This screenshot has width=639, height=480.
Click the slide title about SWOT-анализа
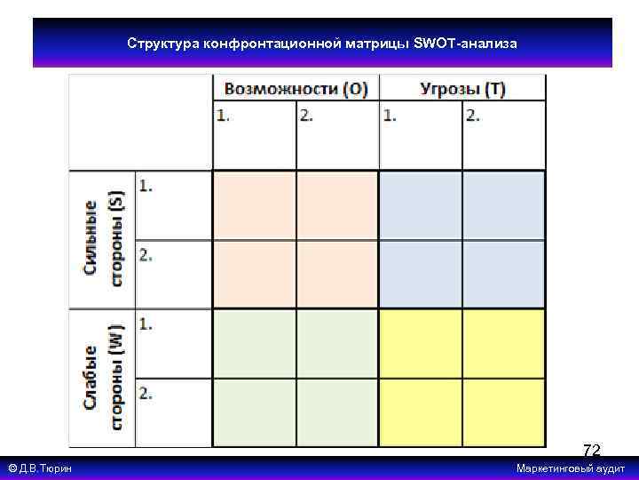[x=322, y=43]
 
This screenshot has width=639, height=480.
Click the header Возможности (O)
[x=296, y=89]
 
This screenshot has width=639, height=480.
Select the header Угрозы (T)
[x=462, y=89]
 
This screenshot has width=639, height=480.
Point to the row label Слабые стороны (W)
[x=103, y=378]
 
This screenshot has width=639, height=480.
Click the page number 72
[x=592, y=451]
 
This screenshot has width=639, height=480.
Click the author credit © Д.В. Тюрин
[x=40, y=468]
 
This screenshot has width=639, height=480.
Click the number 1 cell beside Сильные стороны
[x=173, y=205]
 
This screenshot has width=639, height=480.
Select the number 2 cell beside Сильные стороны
[x=173, y=274]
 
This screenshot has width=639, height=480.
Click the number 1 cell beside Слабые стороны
[x=173, y=343]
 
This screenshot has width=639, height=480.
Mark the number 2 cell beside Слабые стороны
[x=173, y=412]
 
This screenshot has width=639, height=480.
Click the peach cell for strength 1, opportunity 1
[x=254, y=205]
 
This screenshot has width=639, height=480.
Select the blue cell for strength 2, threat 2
[x=503, y=274]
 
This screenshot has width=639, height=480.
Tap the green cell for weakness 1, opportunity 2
[x=337, y=343]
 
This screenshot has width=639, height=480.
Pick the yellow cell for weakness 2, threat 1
[x=421, y=412]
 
